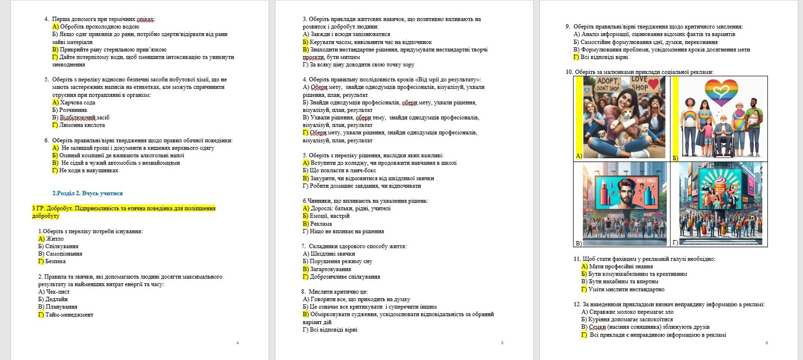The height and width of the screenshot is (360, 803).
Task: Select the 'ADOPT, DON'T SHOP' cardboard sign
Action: pyautogui.click(x=608, y=84)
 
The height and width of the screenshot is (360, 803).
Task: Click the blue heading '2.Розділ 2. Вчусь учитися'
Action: pyautogui.click(x=87, y=193)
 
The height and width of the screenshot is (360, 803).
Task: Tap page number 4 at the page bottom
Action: pyautogui.click(x=237, y=343)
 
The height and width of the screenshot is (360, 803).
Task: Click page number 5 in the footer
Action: pyautogui.click(x=502, y=343)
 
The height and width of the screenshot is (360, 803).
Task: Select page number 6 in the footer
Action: pyautogui.click(x=766, y=343)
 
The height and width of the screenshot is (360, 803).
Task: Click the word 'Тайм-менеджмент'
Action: pyautogui.click(x=69, y=315)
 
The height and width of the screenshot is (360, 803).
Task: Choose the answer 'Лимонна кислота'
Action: pyautogui.click(x=82, y=125)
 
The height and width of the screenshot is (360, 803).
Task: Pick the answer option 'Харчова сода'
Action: pyautogui.click(x=78, y=102)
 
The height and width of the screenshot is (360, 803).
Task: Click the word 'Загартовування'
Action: pyautogui.click(x=330, y=269)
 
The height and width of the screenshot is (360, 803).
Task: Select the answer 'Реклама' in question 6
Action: pyautogui.click(x=321, y=224)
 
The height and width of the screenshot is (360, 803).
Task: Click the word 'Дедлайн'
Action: pyautogui.click(x=57, y=299)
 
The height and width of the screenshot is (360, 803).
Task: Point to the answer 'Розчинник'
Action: pyautogui.click(x=73, y=110)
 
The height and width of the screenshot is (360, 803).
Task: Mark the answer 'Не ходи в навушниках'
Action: pyautogui.click(x=88, y=171)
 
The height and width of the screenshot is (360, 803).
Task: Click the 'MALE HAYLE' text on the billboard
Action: pyautogui.click(x=646, y=180)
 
